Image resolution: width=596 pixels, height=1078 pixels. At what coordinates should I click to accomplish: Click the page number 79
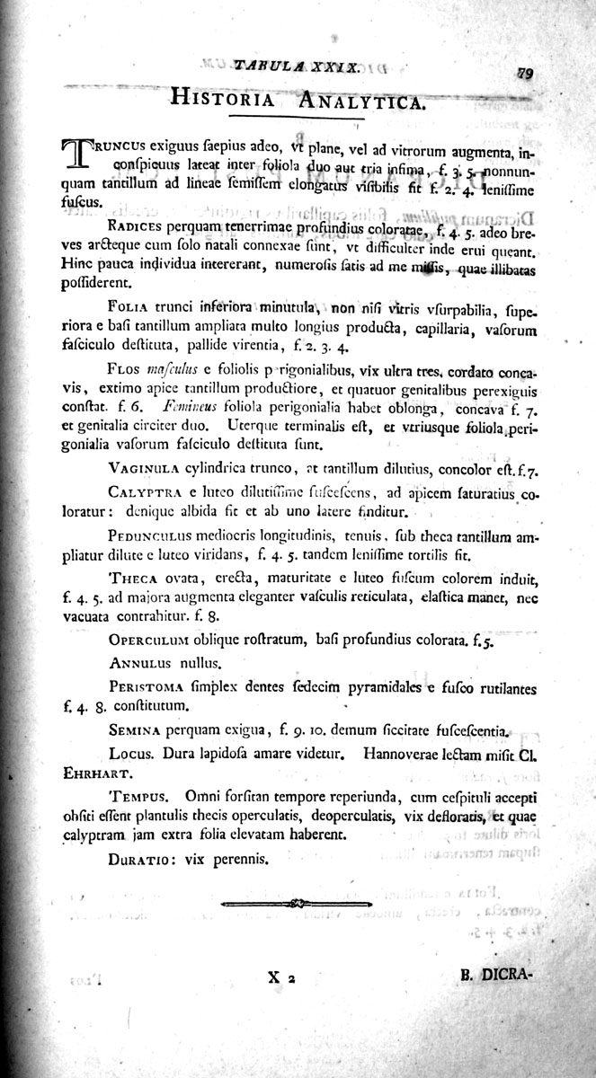[x=526, y=75]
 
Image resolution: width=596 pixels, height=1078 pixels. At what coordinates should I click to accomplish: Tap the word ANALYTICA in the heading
[x=357, y=102]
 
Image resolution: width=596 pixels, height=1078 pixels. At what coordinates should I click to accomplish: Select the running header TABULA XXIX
[x=298, y=66]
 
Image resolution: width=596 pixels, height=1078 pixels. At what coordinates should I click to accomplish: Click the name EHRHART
[x=94, y=772]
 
